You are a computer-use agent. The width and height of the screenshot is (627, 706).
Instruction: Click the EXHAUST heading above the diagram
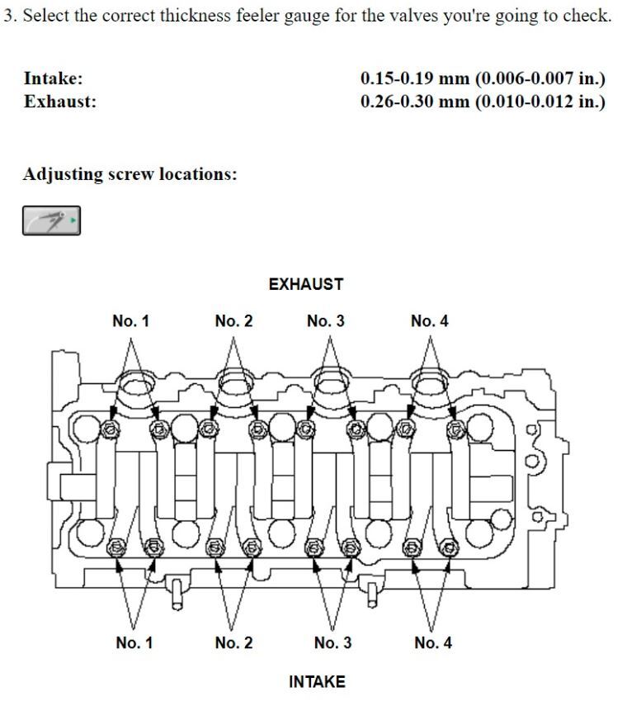point(306,284)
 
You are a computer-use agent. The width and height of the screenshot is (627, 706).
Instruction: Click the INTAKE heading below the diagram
point(317,681)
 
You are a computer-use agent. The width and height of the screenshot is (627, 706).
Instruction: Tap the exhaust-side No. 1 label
point(130,321)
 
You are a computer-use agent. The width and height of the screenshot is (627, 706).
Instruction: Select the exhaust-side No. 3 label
point(326,321)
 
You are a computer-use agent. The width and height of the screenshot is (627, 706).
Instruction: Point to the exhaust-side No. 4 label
point(430,321)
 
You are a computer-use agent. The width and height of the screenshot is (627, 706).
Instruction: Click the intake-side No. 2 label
point(234,642)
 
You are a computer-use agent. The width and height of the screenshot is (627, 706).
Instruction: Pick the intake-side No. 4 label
point(433,642)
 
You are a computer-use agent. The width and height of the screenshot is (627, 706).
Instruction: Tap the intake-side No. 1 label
point(134,642)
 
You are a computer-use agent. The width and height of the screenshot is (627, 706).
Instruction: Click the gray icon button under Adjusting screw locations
point(52,220)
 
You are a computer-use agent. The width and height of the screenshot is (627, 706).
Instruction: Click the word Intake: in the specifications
point(54,78)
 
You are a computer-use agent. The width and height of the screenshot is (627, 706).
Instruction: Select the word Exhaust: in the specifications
point(60,102)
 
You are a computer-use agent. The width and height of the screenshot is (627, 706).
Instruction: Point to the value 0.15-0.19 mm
point(415,78)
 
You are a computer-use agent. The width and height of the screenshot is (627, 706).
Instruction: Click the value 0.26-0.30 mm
point(415,102)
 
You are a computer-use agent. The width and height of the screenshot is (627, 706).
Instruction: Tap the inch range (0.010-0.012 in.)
point(540,102)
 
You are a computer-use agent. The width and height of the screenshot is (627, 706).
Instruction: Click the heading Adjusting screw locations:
point(130,174)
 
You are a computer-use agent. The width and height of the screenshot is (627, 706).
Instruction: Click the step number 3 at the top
point(8,16)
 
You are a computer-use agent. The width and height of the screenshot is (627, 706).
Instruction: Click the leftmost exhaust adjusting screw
point(109,429)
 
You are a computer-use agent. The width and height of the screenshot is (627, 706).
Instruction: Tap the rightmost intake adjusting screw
point(449,548)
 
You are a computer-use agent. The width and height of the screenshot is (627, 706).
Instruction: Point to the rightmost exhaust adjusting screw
point(456,429)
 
